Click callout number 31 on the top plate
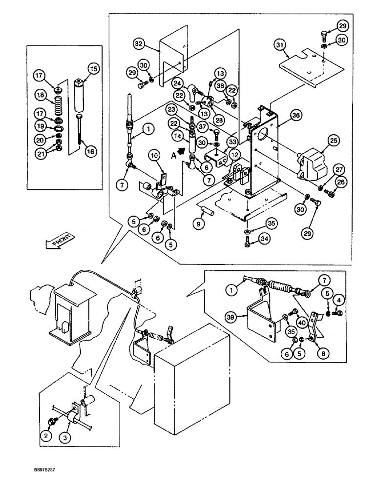280,45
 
